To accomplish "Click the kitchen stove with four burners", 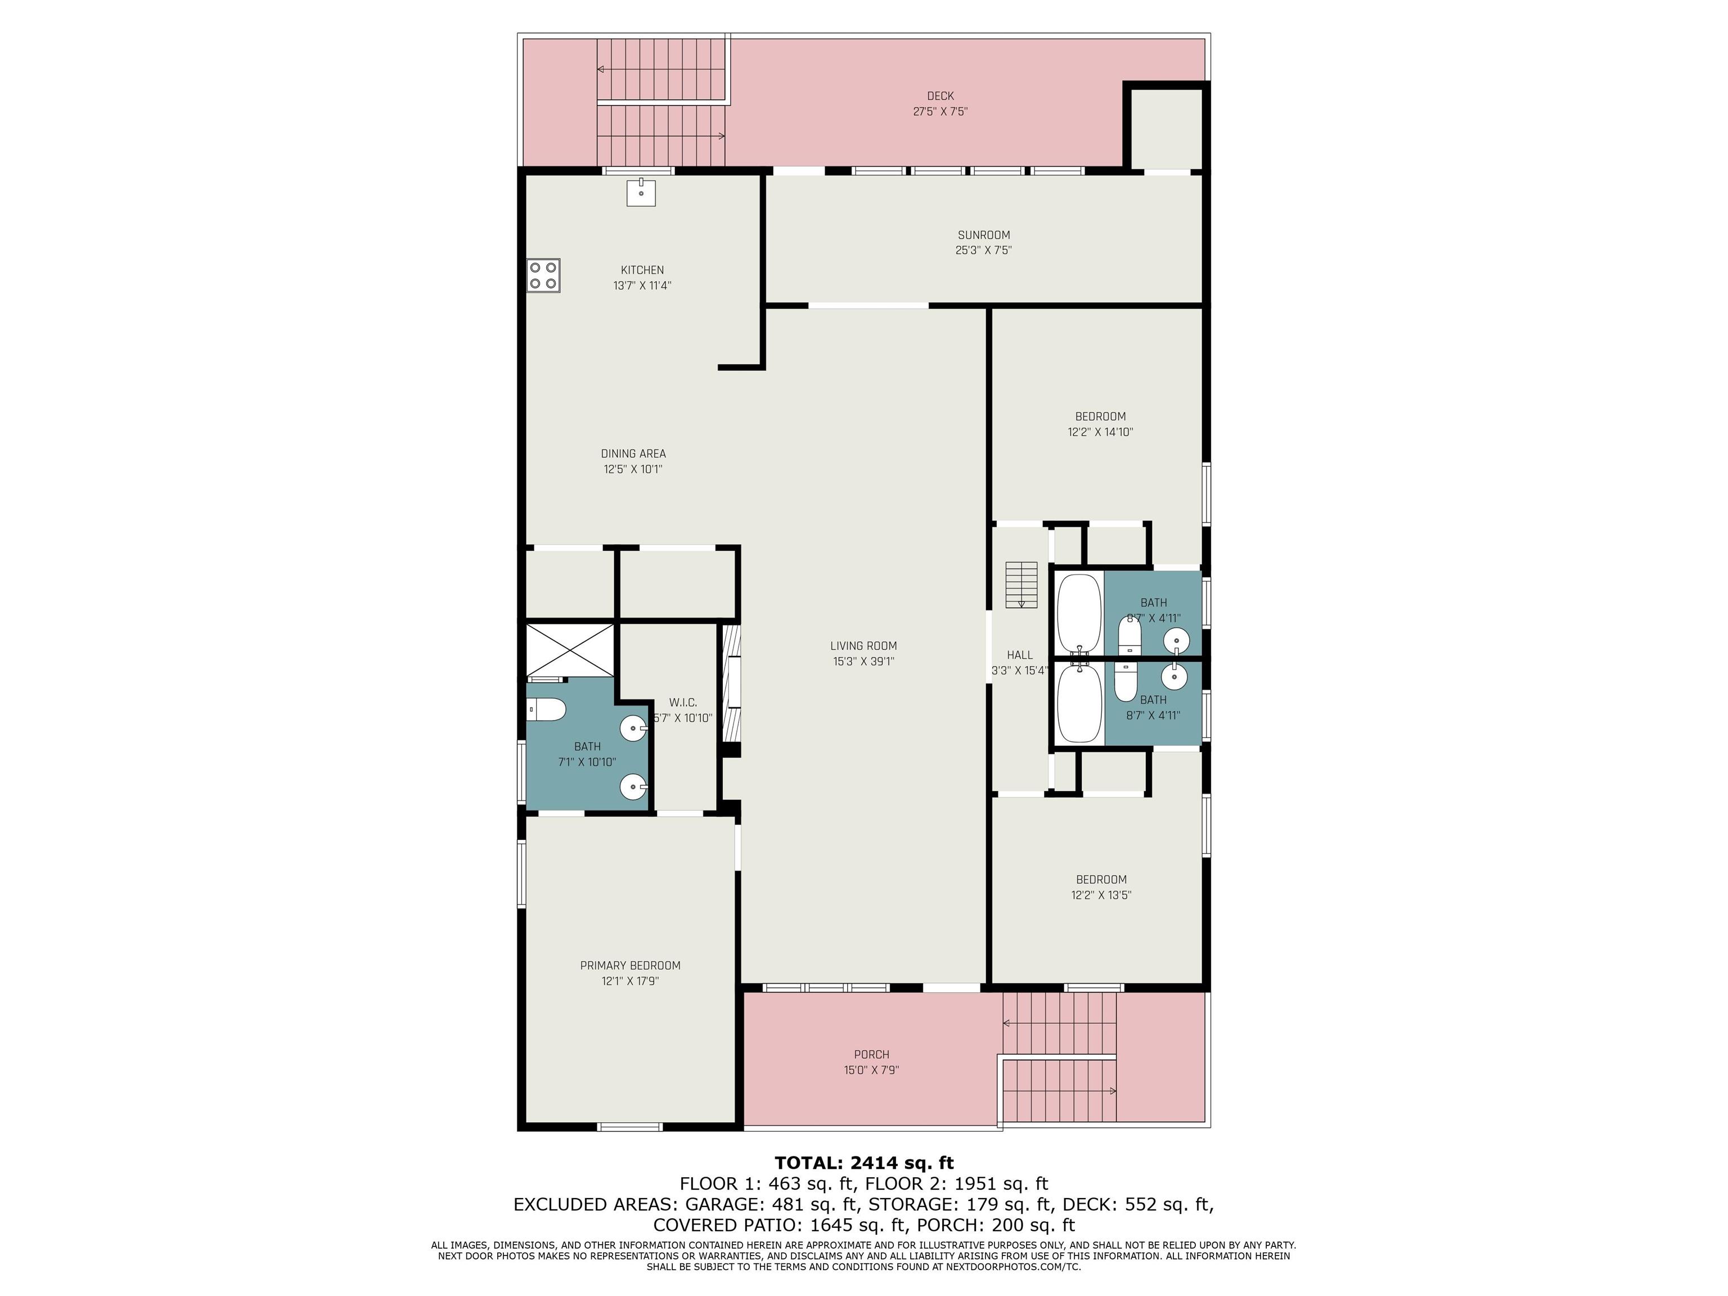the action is (543, 275).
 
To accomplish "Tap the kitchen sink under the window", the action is (641, 191).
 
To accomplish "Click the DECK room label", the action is (940, 96).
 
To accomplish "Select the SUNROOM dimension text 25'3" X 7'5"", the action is (983, 250).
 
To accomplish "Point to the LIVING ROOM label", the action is (863, 645).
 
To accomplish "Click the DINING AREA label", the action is (633, 453).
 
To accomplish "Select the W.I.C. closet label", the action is (683, 703).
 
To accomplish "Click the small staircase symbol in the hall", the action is (1021, 584).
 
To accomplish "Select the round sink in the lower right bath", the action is (1174, 677).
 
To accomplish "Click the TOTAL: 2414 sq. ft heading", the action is (864, 1163).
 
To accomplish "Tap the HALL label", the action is (1019, 655).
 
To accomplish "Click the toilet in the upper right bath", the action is (1129, 635).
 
